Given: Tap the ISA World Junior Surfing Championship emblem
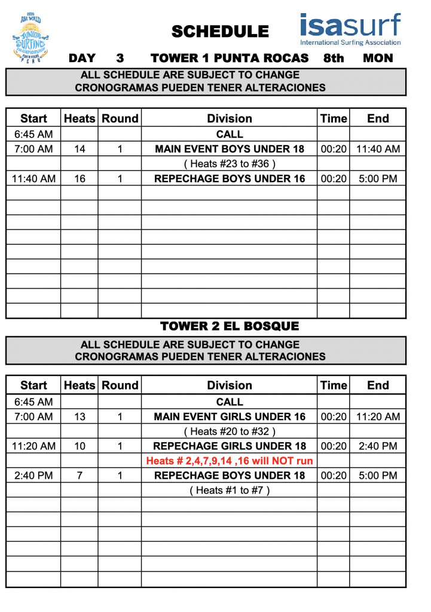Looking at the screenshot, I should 34,36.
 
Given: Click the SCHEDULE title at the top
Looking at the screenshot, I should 220,32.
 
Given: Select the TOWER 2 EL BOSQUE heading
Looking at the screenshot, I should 230,326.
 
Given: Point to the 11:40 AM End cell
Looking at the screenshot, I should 378,149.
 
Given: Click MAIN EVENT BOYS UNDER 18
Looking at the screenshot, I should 230,149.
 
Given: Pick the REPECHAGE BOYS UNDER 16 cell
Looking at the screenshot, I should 230,178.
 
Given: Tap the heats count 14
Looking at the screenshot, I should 80,149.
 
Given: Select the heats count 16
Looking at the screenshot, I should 80,178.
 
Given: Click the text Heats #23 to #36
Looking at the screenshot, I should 230,164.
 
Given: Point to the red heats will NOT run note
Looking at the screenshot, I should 230,461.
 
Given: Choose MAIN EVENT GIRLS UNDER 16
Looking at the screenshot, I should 230,417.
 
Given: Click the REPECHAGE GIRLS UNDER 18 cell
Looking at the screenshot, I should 230,446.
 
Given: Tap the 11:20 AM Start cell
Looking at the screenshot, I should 34,446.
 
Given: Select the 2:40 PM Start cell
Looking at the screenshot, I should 34,476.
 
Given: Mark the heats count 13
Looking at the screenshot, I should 80,417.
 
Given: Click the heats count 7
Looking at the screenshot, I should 80,476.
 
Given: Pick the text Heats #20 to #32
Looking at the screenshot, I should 230,432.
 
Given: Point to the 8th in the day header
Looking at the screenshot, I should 334,58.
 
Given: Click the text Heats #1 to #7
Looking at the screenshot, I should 230,491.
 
